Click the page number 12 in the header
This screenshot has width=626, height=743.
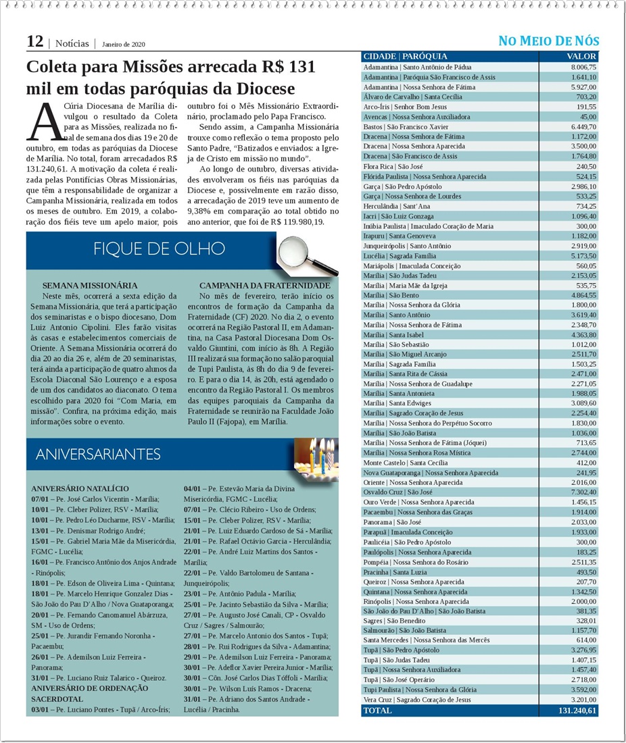tap(34, 41)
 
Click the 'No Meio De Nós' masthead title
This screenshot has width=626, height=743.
tap(548, 41)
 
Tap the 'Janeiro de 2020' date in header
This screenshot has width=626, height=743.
tap(124, 45)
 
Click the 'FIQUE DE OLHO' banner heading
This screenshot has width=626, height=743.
tap(160, 249)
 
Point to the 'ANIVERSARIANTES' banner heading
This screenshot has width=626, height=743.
tap(98, 454)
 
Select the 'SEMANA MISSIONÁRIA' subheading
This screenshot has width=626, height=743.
tap(89, 286)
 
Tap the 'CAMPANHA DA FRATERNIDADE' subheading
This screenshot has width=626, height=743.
tap(265, 286)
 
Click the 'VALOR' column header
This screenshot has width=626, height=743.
tap(581, 57)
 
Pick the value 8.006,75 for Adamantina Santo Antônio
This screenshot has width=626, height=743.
tap(583, 68)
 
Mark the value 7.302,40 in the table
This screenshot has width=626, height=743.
tap(583, 492)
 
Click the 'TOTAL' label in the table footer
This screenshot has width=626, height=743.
tap(377, 711)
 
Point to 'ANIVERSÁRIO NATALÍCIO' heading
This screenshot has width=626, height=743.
tap(80, 488)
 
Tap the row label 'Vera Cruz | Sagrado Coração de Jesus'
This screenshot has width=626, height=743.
tap(417, 700)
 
